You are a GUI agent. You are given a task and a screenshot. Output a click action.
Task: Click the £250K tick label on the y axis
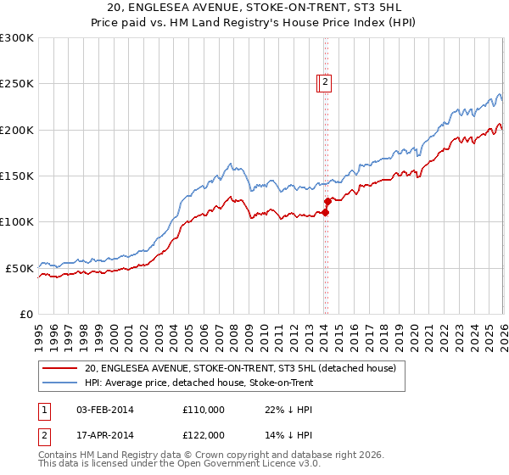(16, 84)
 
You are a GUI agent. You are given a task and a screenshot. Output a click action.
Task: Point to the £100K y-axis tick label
(16, 222)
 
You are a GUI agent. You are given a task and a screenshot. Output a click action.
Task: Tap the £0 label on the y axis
(25, 314)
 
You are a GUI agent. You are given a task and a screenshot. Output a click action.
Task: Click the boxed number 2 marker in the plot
(326, 82)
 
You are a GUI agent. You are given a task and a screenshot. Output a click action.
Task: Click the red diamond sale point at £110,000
(325, 213)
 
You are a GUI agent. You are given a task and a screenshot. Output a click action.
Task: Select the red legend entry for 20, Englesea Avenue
(240, 369)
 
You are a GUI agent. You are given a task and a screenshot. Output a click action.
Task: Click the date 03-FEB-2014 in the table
(104, 410)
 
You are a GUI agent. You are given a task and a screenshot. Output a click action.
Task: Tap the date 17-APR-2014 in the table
(104, 434)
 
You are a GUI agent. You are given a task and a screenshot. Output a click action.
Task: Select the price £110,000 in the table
(204, 410)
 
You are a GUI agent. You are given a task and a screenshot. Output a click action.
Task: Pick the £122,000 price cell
(204, 434)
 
